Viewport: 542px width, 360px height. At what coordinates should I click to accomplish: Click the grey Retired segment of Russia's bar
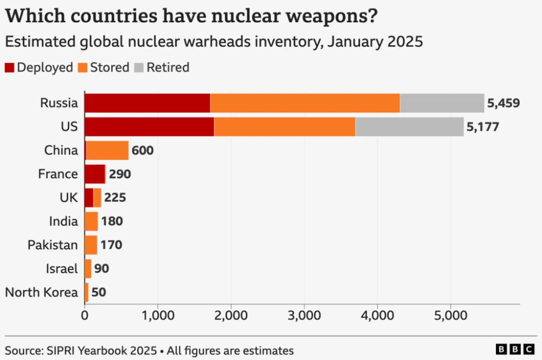coord(442,103)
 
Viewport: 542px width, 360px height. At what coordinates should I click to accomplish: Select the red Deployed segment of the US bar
coord(149,127)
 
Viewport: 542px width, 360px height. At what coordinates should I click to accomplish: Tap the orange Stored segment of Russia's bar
coord(305,103)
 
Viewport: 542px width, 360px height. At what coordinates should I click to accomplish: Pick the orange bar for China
coord(107,150)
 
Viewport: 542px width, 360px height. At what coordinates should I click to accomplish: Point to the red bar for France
coord(95,174)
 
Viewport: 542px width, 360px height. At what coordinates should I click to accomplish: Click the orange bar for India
coord(91,221)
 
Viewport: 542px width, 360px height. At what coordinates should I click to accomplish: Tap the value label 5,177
coord(482,127)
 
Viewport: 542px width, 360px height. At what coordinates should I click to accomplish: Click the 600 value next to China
coord(143,150)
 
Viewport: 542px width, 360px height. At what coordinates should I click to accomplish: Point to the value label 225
coord(115,197)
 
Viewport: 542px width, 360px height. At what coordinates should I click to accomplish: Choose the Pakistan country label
coord(53,245)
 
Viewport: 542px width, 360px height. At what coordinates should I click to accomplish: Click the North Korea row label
coord(41,292)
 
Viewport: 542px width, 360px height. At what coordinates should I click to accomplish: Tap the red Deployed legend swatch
coord(10,68)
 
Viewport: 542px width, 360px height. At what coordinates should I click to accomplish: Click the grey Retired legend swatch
coord(139,68)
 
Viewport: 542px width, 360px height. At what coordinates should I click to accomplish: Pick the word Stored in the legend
coord(109,68)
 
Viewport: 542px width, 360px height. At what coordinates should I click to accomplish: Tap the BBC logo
coord(514,350)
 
